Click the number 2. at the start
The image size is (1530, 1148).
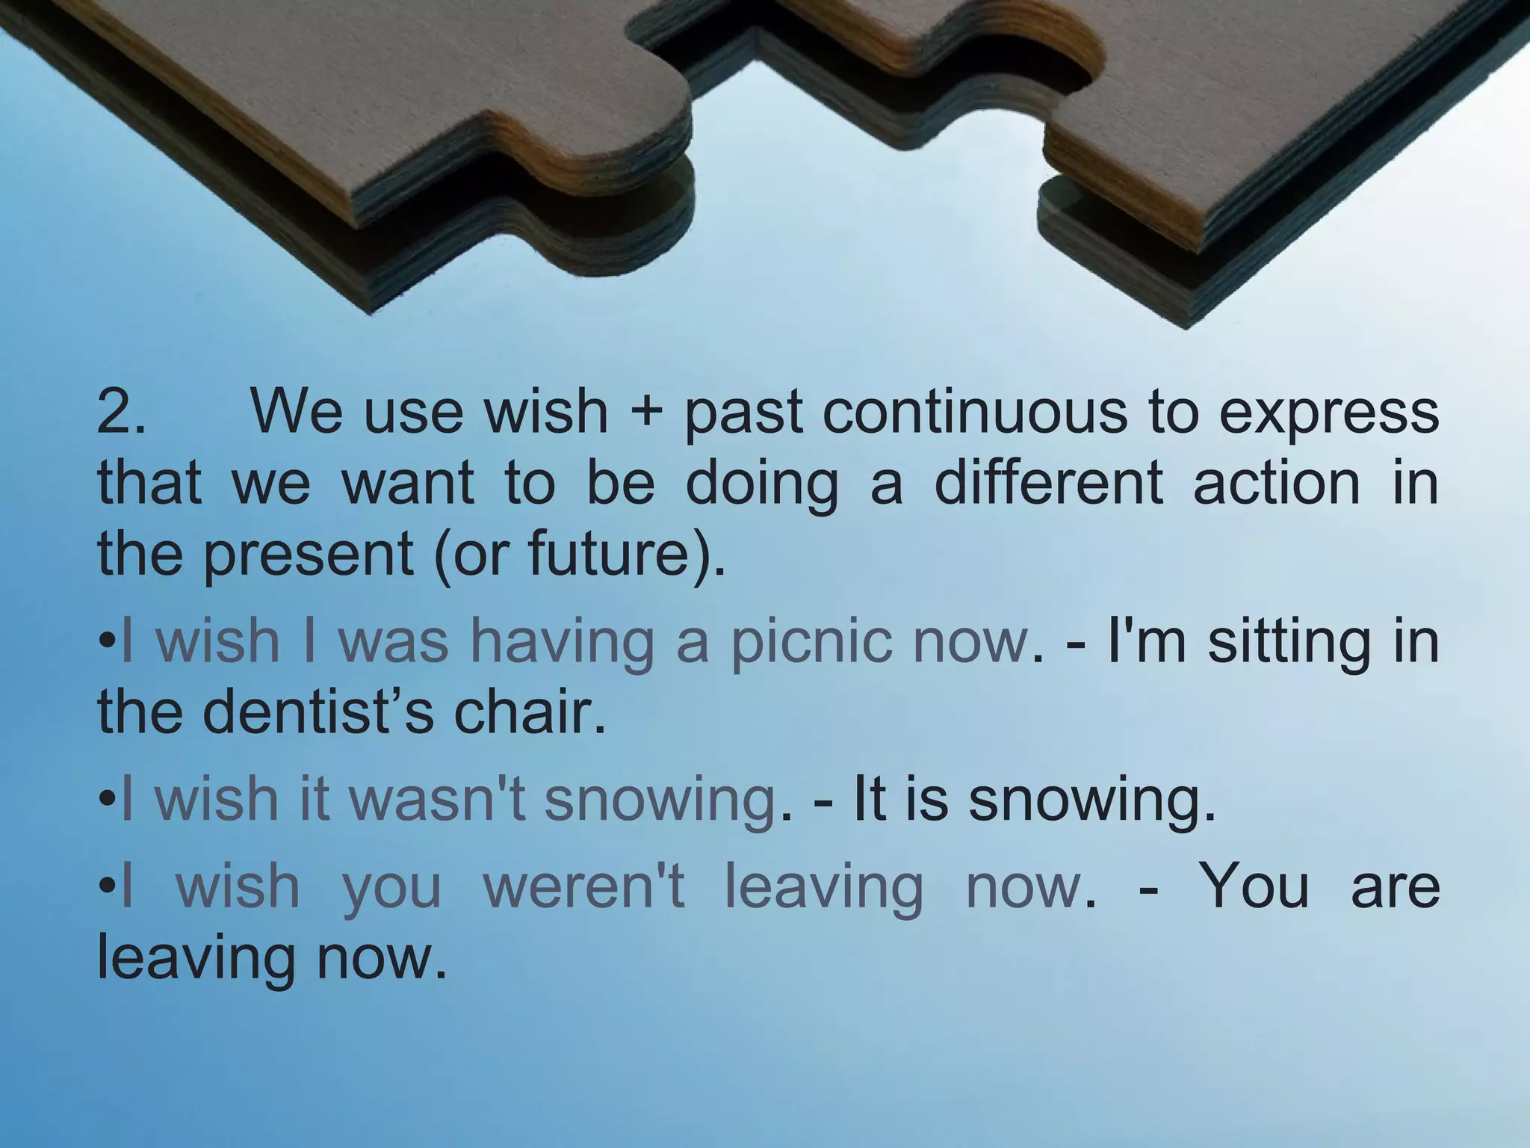point(121,412)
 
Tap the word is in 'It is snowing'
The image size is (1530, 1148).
point(926,798)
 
